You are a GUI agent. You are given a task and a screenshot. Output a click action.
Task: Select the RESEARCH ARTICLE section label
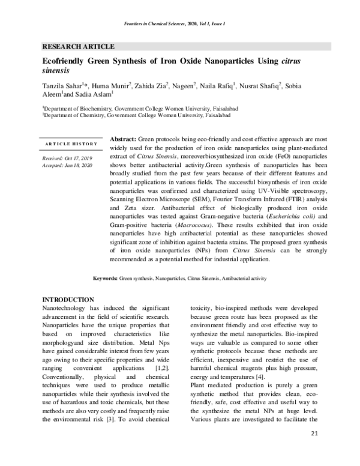click(78, 46)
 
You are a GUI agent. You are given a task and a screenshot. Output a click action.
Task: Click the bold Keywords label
click(105, 279)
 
